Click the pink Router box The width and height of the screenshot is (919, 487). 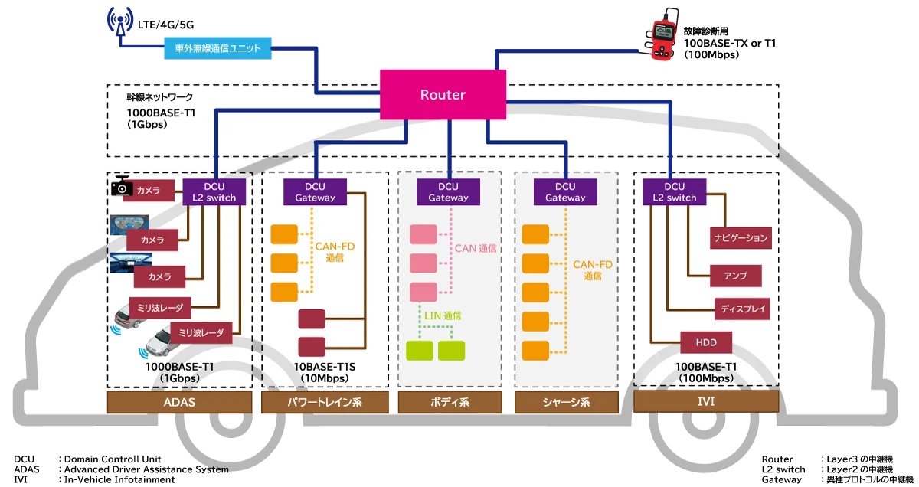[x=443, y=95]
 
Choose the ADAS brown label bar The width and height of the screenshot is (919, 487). [x=178, y=402]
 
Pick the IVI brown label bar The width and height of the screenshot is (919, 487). [x=706, y=402]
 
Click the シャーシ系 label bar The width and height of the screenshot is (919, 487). [x=565, y=402]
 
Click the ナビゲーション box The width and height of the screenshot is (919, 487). [x=740, y=238]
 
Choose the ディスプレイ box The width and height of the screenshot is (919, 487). [x=741, y=309]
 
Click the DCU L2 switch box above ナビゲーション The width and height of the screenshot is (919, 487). [x=675, y=191]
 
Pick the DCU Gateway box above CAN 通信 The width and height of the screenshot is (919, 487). [x=448, y=191]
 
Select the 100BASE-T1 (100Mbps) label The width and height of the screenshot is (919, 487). [x=707, y=372]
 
